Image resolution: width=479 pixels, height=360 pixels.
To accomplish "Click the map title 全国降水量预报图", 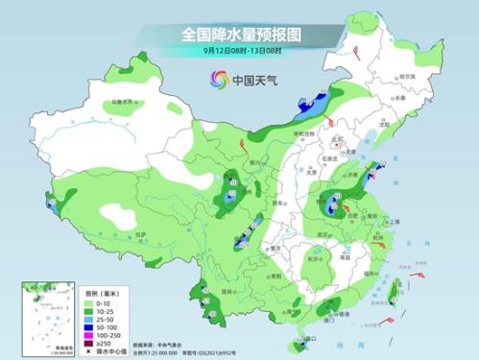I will point(239,34).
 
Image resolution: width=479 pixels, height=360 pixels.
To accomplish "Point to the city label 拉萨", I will point(140,233).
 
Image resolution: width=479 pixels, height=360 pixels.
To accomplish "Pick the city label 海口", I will point(309,339).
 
